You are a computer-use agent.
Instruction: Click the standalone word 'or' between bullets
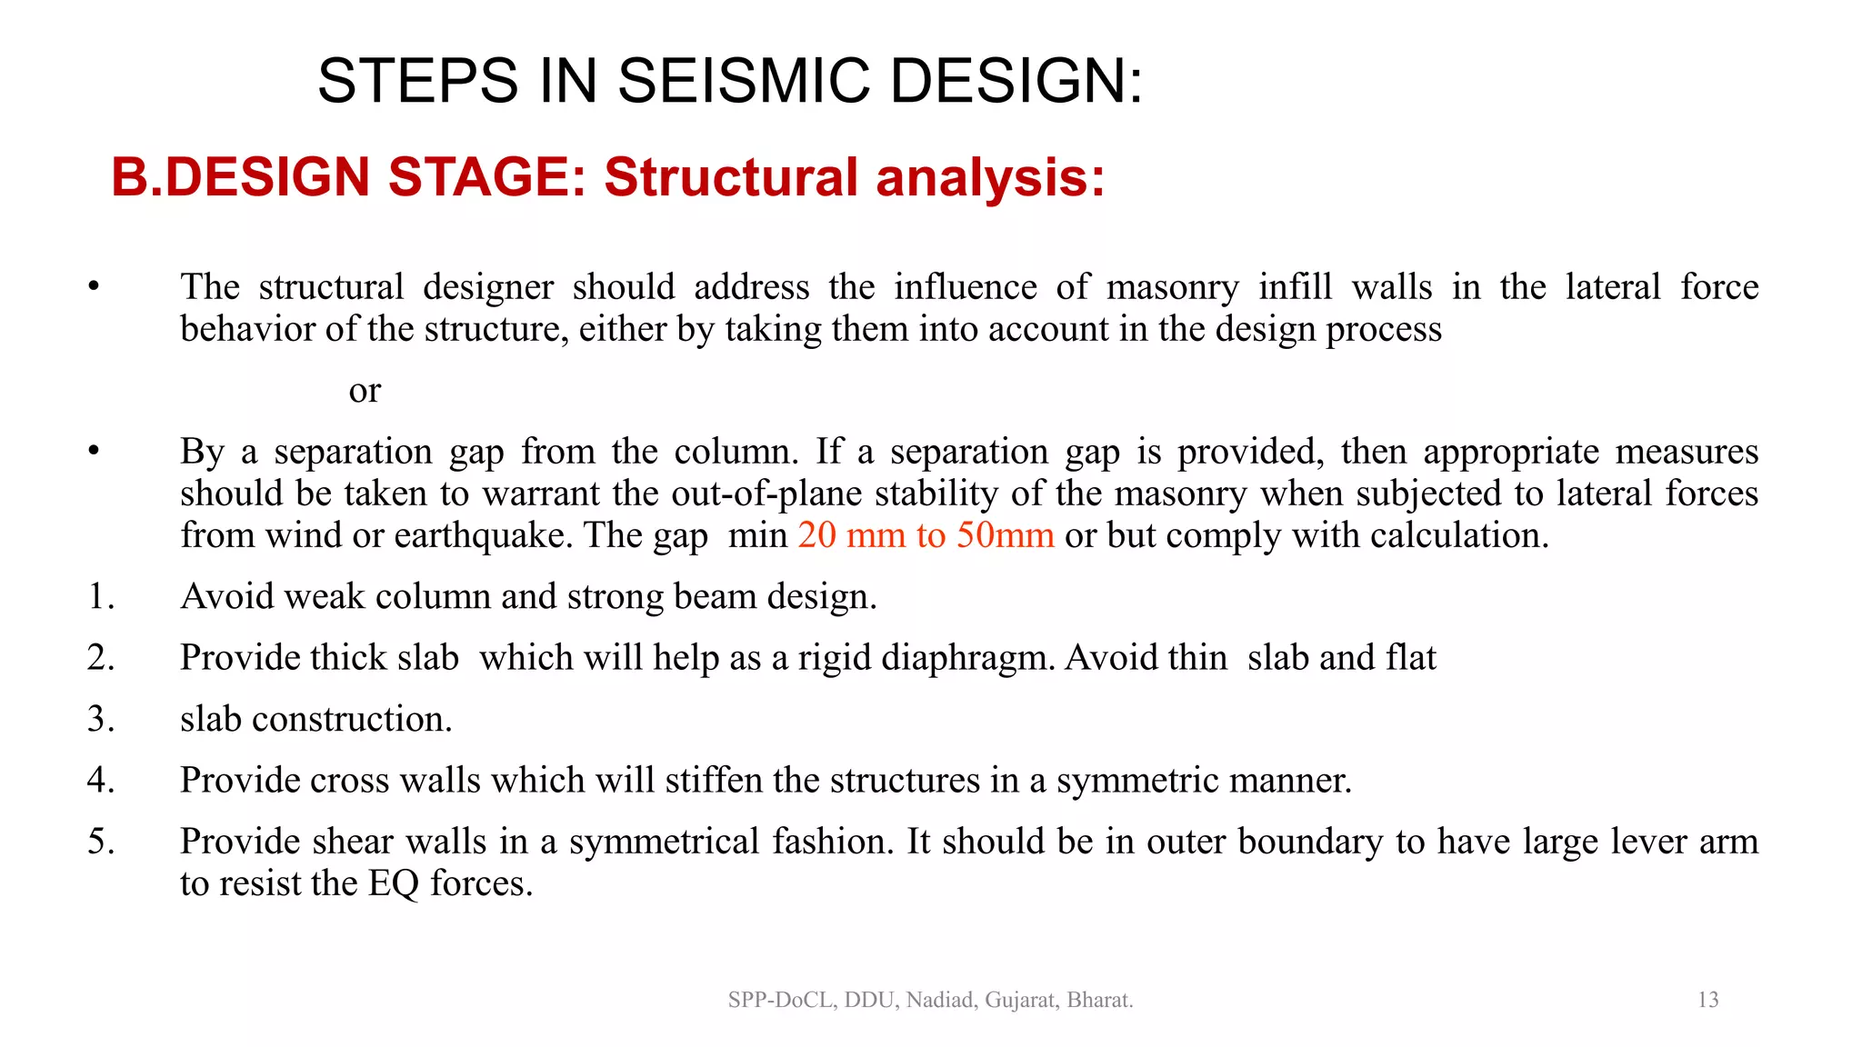coord(365,391)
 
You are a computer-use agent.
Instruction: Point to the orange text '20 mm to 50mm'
coord(926,535)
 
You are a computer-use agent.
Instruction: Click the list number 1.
coord(101,597)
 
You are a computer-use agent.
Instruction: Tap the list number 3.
coord(101,720)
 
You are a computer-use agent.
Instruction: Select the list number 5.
coord(101,842)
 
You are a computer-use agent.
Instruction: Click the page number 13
coord(1707,1000)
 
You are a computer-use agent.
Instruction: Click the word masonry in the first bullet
coord(1172,288)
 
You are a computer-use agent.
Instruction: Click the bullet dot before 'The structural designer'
coord(94,288)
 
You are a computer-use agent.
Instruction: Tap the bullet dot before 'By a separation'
coord(94,452)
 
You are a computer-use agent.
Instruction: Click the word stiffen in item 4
coord(714,781)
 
